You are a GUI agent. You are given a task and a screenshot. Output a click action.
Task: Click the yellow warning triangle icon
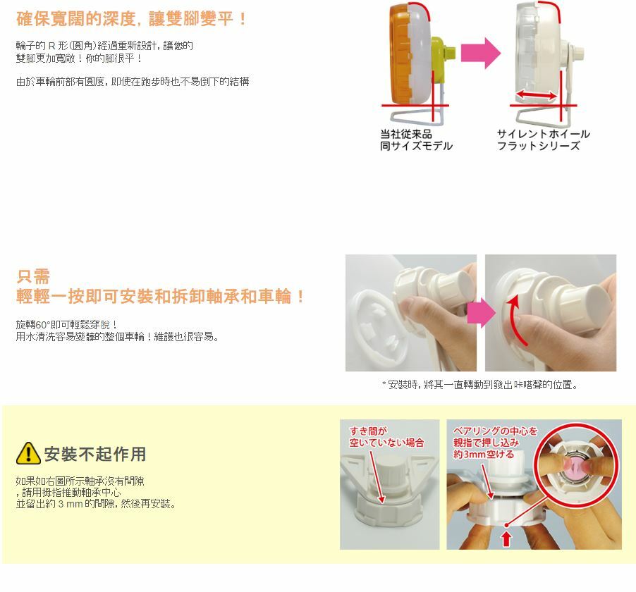pyautogui.click(x=28, y=453)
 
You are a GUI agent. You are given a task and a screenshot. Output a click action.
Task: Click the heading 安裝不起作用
pyautogui.click(x=95, y=454)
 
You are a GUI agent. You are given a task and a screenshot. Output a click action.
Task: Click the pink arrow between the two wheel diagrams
pyautogui.click(x=481, y=53)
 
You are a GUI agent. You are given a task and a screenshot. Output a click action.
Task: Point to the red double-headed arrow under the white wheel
pyautogui.click(x=536, y=96)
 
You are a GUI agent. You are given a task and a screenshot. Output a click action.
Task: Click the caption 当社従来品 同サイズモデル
pyautogui.click(x=416, y=140)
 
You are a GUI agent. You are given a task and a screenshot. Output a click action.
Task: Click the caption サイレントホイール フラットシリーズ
pyautogui.click(x=543, y=140)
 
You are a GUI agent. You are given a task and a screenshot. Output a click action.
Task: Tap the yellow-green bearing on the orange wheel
pyautogui.click(x=443, y=55)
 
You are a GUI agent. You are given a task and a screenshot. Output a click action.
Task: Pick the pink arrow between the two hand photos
pyautogui.click(x=481, y=312)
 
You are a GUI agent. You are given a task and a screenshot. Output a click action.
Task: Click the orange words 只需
pyautogui.click(x=33, y=277)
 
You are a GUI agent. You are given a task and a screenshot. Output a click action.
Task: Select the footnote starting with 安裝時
pyautogui.click(x=480, y=384)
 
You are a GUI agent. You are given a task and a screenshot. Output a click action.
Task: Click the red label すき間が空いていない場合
pyautogui.click(x=386, y=437)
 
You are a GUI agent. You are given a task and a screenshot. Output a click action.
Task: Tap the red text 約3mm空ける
pyautogui.click(x=484, y=454)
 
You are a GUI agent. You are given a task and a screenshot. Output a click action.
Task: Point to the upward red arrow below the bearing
pyautogui.click(x=506, y=539)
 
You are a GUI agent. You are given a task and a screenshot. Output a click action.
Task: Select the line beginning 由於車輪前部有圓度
pyautogui.click(x=133, y=82)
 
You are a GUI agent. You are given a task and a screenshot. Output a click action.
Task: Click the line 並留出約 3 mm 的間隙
pyautogui.click(x=96, y=504)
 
